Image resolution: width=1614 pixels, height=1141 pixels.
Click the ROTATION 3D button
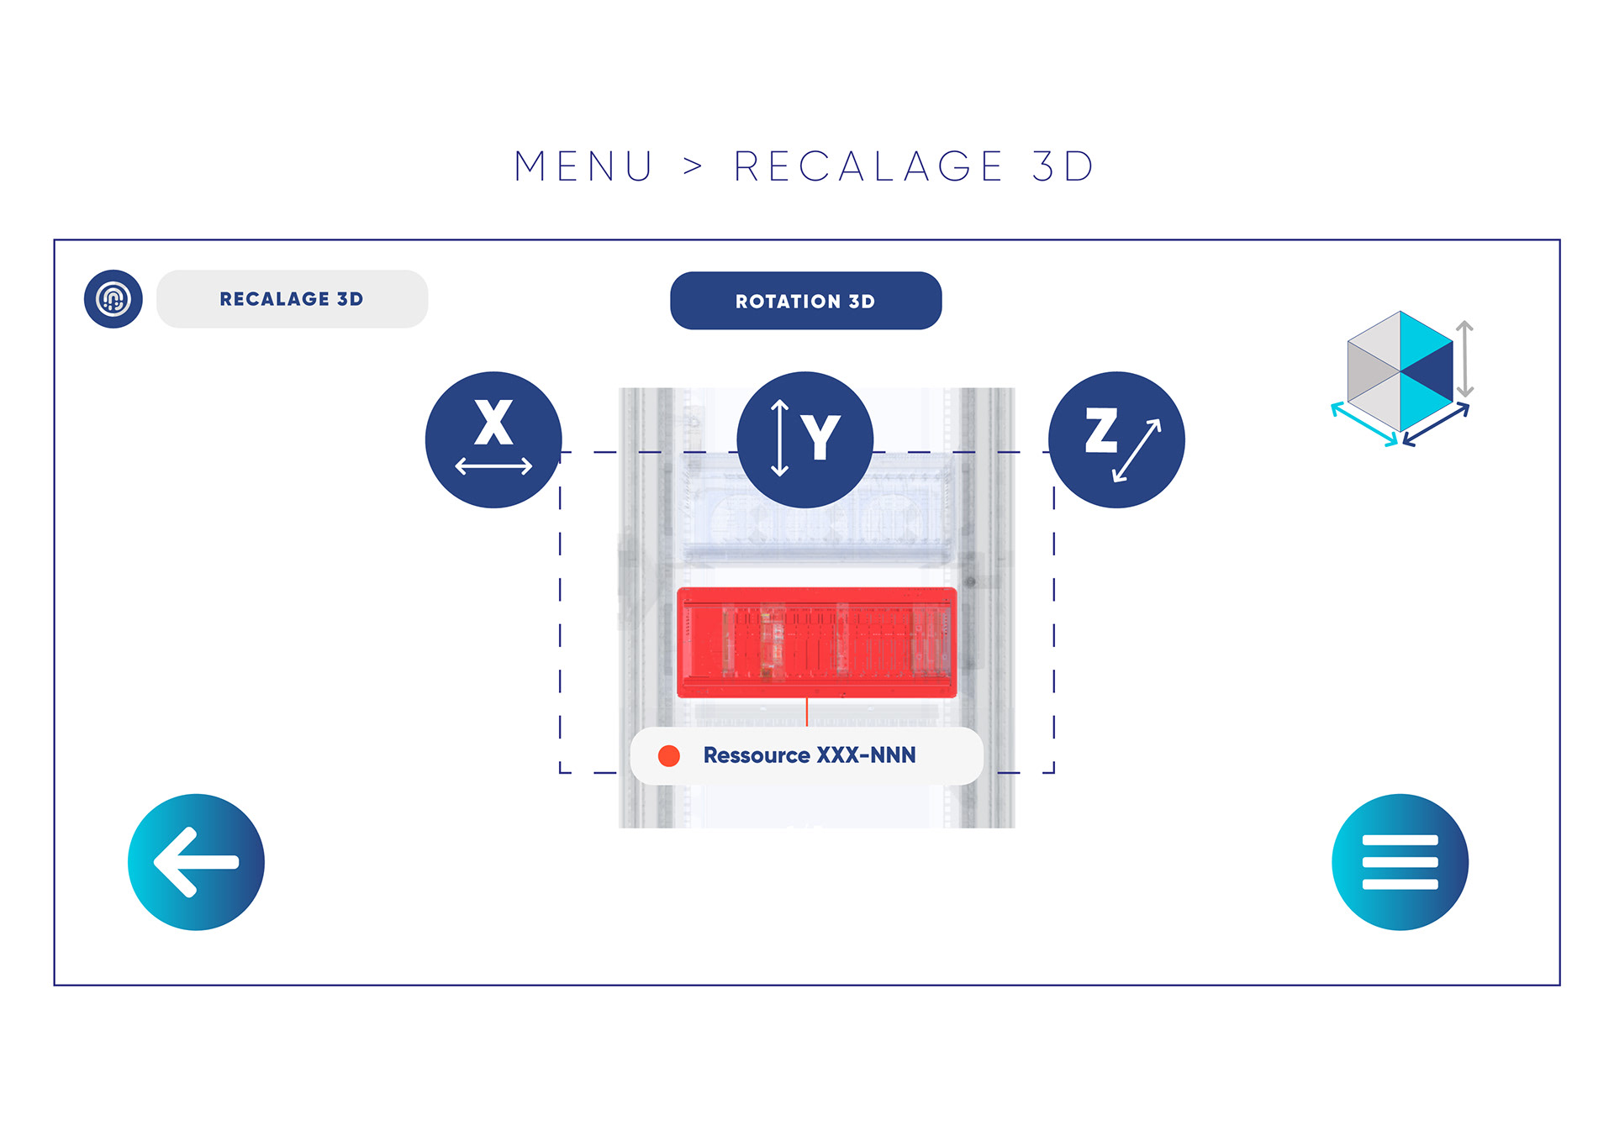point(805,301)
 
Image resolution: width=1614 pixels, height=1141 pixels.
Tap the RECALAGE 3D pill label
point(292,299)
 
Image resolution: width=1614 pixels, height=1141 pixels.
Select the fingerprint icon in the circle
point(113,299)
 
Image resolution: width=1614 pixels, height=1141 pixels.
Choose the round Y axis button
point(804,439)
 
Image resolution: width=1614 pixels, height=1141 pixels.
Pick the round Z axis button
point(1116,439)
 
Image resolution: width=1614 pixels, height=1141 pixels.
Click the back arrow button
point(196,862)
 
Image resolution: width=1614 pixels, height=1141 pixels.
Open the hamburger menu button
point(1400,862)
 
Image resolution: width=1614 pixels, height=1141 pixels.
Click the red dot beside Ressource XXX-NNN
point(669,756)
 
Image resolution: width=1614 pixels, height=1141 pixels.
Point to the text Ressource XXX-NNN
point(810,755)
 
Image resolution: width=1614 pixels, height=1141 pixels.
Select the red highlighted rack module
point(816,643)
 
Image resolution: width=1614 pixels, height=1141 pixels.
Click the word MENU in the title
point(583,166)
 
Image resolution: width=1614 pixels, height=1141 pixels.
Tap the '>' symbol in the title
point(693,166)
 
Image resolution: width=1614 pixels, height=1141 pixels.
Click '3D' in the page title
point(1063,166)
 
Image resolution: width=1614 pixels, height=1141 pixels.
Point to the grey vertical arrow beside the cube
point(1464,359)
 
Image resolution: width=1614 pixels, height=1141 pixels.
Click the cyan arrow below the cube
point(1363,424)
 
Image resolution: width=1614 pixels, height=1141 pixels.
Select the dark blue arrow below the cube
point(1436,424)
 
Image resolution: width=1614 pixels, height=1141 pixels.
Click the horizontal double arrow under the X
point(493,465)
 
